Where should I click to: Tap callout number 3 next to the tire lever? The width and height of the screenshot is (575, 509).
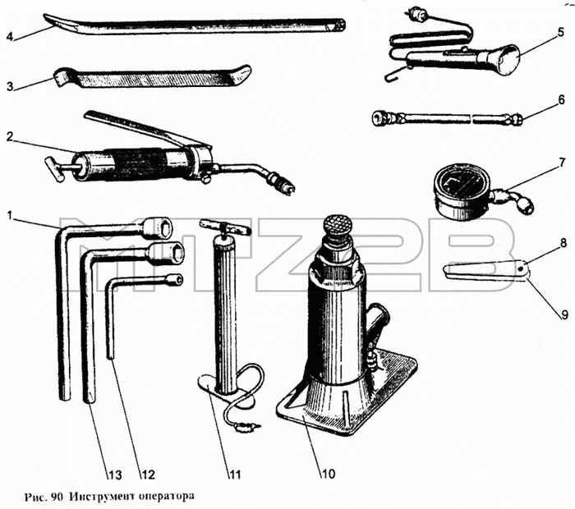(x=10, y=86)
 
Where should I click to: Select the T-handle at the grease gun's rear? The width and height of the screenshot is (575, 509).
(x=55, y=169)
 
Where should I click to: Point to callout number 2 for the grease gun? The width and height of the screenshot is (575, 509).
(x=10, y=136)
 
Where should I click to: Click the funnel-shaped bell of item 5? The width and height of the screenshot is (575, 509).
(x=503, y=59)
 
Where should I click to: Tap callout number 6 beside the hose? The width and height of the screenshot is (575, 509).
(x=561, y=100)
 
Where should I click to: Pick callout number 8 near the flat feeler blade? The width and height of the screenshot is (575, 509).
(x=563, y=243)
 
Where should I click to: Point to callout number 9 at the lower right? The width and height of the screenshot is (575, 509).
(x=565, y=314)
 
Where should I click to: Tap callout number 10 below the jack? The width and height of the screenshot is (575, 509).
(x=329, y=474)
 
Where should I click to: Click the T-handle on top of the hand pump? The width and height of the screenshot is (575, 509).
(x=225, y=227)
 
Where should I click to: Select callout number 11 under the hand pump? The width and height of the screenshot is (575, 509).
(x=235, y=475)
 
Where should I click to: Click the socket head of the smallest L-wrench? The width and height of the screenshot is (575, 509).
(x=173, y=280)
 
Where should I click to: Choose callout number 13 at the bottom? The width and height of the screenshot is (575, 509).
(x=114, y=475)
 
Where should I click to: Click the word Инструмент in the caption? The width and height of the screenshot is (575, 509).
(x=102, y=497)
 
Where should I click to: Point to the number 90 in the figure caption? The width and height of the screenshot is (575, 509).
(x=57, y=497)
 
